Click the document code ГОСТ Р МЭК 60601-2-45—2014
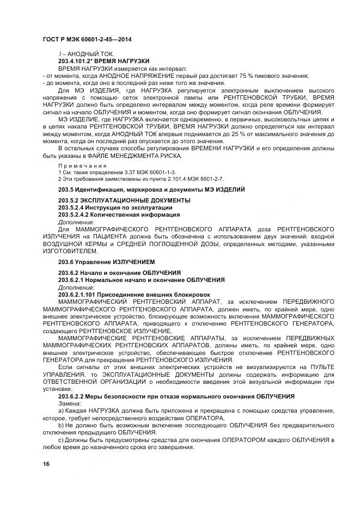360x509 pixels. [x=87, y=40]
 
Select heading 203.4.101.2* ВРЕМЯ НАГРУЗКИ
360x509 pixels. [x=103, y=62]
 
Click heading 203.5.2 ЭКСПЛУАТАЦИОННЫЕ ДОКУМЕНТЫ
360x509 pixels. [x=124, y=201]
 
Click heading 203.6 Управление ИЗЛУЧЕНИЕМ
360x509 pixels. [x=106, y=262]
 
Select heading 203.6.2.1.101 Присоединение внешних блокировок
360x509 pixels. [x=126, y=294]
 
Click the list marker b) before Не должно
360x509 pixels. [x=61, y=425]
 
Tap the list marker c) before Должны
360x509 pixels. [x=61, y=439]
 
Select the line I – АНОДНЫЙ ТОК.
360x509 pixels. [x=85, y=55]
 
